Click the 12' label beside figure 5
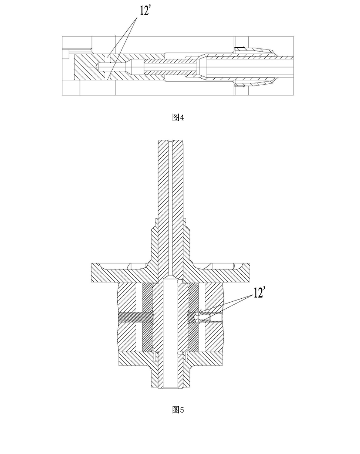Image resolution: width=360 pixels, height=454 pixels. (x=259, y=293)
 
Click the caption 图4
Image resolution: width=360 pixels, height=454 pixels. (x=178, y=117)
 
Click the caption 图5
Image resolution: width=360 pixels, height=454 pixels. (x=178, y=410)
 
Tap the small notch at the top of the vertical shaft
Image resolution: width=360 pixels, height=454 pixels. (x=171, y=141)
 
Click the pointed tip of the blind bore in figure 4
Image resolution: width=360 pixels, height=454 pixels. (x=97, y=66)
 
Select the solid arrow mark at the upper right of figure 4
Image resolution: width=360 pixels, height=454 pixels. (x=240, y=48)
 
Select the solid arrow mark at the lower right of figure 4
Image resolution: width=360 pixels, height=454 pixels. (x=240, y=86)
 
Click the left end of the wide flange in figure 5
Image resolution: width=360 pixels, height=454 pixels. (x=92, y=272)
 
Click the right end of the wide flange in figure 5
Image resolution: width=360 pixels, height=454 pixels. (x=250, y=272)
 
